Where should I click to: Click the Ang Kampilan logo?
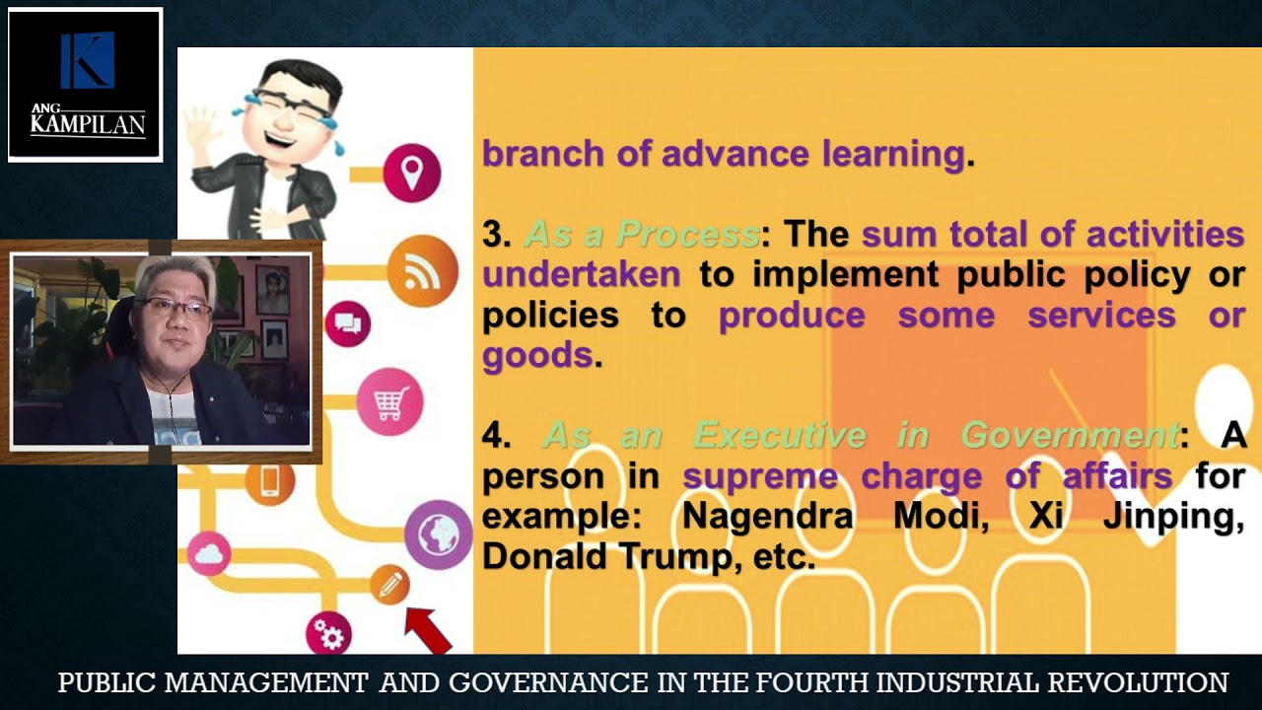(86, 85)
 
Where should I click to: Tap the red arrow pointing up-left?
(428, 630)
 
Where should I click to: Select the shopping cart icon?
(389, 401)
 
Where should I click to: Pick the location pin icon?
(411, 173)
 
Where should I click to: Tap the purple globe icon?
(438, 534)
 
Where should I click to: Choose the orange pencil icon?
(389, 585)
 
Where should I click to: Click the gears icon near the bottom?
(328, 634)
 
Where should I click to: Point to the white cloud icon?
(208, 554)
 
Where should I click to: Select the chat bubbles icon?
(347, 322)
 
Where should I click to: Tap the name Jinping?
(1173, 517)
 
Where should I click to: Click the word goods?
(537, 355)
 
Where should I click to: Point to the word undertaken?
(581, 275)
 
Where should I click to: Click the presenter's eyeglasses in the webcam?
(176, 309)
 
